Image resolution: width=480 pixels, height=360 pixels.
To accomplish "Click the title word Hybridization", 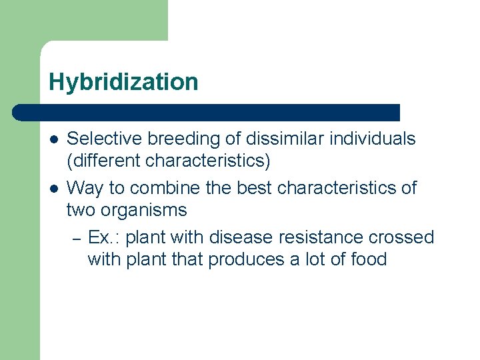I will pyautogui.click(x=123, y=82).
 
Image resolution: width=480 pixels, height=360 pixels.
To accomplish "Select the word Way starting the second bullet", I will pyautogui.click(x=85, y=188).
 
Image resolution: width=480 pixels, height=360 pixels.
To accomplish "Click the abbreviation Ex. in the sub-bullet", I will pyautogui.click(x=101, y=237).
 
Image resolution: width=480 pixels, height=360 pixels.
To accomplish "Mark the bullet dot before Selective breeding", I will pyautogui.click(x=53, y=140).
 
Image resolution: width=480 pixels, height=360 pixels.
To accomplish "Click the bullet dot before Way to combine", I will pyautogui.click(x=53, y=189).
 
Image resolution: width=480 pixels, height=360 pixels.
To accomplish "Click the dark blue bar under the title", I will pyautogui.click(x=207, y=112).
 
